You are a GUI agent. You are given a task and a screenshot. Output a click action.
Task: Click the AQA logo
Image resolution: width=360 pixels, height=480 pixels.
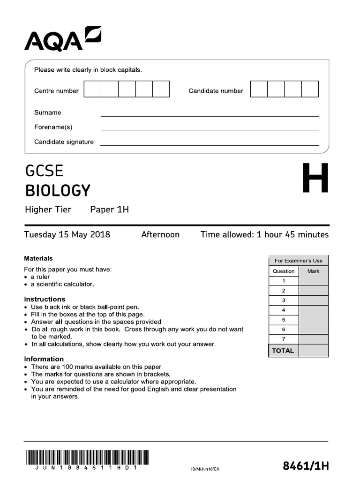click(x=62, y=38)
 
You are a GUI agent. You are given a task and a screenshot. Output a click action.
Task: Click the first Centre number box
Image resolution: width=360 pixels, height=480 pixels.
click(x=92, y=89)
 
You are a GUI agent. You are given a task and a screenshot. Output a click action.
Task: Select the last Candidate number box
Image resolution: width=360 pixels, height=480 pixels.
click(x=310, y=89)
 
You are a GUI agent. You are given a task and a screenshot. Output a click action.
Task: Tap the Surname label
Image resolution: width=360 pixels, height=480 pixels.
click(x=47, y=112)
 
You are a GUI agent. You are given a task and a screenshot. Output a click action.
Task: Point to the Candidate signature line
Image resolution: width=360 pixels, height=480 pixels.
click(x=210, y=145)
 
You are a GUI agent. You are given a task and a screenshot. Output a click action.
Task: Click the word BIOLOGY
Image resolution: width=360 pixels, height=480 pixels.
click(x=57, y=191)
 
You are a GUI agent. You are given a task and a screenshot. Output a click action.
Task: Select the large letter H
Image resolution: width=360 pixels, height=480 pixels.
click(x=315, y=179)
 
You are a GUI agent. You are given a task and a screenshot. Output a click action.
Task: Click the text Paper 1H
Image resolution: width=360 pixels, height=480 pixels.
click(x=109, y=210)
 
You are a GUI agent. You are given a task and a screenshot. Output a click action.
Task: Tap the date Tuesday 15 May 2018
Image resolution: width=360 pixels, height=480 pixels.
click(x=67, y=234)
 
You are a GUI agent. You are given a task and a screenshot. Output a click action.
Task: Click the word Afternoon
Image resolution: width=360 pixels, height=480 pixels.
click(x=160, y=234)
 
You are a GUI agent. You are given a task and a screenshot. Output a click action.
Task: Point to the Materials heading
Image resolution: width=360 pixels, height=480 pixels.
click(x=38, y=258)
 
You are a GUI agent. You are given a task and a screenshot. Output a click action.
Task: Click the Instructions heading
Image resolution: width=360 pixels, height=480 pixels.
click(x=45, y=299)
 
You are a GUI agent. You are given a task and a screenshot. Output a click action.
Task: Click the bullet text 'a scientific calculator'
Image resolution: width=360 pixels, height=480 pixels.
click(x=62, y=284)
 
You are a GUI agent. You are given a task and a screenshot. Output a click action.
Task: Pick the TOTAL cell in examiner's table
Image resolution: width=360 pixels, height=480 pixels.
click(x=283, y=351)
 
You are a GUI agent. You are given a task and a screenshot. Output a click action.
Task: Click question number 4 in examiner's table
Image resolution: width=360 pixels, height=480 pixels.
click(x=284, y=310)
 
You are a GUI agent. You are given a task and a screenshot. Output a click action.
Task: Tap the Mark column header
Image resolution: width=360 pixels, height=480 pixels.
click(x=313, y=271)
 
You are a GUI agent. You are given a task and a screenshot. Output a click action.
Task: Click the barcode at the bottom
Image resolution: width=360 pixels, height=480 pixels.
click(x=86, y=457)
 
